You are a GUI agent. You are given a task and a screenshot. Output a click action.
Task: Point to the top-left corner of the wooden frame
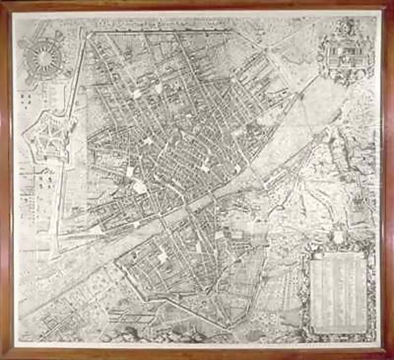3,3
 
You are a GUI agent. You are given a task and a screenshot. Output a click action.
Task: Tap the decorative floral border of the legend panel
303,289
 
